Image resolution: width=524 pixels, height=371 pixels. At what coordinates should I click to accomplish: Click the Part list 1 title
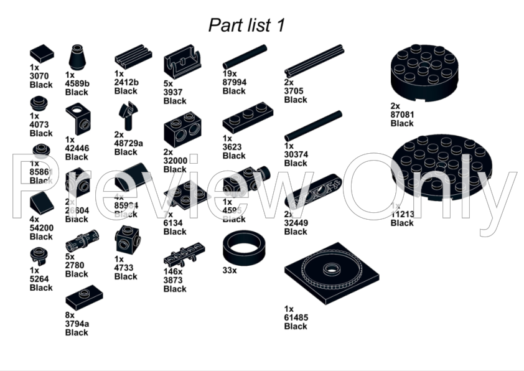pos(246,25)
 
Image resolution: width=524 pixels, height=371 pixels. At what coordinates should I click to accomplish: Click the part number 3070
pos(41,75)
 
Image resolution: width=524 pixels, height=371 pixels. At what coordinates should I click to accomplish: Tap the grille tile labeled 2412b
pos(133,56)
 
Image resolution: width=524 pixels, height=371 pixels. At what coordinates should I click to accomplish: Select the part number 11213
pos(402,214)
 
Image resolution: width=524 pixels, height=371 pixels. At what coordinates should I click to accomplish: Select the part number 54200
pos(41,228)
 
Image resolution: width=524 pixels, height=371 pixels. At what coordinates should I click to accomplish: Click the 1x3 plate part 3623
pos(248,117)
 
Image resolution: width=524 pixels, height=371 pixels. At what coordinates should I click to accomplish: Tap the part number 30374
pos(296,154)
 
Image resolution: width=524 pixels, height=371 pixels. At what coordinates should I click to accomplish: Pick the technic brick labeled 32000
pos(182,129)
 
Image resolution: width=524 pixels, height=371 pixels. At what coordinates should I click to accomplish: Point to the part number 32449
pos(296,223)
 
